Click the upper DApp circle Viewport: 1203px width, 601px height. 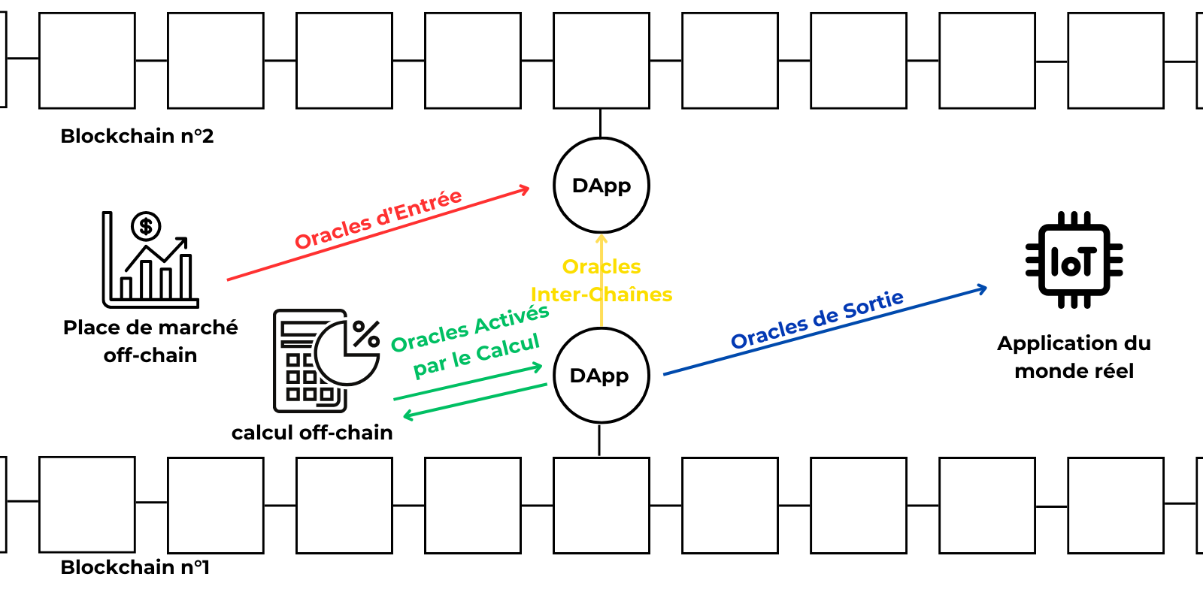click(601, 186)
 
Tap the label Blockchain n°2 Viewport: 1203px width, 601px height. click(137, 136)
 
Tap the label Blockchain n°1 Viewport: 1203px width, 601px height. click(135, 567)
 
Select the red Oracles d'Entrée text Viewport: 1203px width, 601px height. click(377, 219)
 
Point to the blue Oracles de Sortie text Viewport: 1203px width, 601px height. click(817, 319)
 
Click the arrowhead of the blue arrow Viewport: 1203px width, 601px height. click(982, 288)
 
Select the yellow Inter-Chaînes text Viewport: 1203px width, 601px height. click(601, 294)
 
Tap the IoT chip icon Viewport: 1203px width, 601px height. click(1074, 260)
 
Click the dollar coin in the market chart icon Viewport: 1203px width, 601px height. click(146, 225)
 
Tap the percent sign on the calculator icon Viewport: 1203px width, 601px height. click(366, 334)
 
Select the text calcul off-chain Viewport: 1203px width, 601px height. click(312, 433)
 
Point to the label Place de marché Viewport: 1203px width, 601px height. click(150, 328)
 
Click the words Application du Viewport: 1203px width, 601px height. click(1074, 343)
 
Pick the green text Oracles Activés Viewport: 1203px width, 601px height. click(470, 328)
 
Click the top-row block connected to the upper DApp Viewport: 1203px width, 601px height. click(601, 60)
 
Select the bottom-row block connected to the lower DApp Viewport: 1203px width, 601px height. click(601, 505)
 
